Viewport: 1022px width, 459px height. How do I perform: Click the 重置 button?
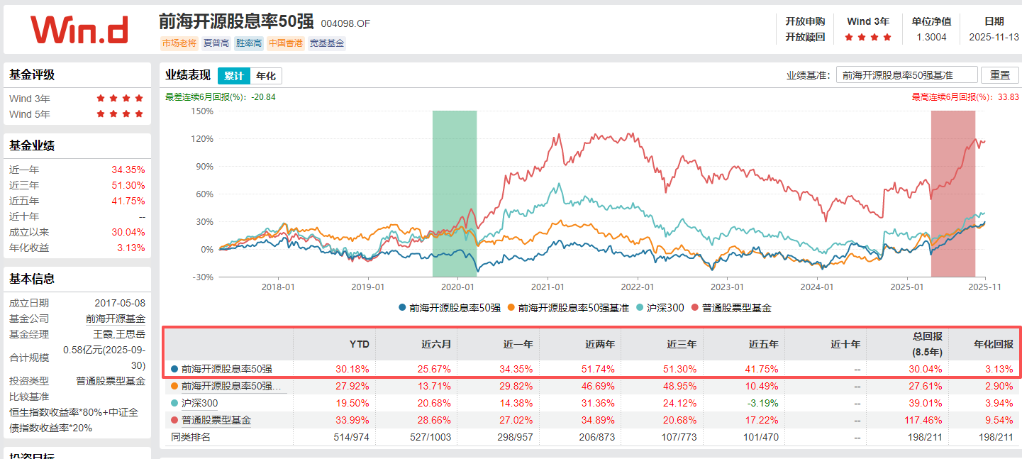(999, 75)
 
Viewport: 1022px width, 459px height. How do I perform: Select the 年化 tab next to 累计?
(266, 76)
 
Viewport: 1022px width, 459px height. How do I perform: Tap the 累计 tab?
(233, 76)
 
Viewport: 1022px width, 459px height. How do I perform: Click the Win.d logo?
(79, 30)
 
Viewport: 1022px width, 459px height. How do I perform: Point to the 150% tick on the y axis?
(202, 111)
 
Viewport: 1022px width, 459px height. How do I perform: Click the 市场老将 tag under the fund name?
(179, 43)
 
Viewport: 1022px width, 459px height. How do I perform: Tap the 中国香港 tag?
(286, 43)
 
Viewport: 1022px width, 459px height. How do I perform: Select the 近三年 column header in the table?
(681, 344)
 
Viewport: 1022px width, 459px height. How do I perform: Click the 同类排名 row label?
(191, 437)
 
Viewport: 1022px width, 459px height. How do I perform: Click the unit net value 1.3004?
(931, 38)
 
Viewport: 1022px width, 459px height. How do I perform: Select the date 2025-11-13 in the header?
(994, 38)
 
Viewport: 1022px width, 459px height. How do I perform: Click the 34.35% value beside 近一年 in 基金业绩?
(128, 170)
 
